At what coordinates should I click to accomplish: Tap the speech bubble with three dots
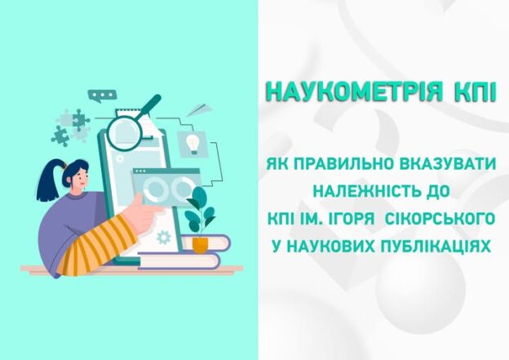coord(102,96)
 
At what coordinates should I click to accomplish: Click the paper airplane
coord(201,109)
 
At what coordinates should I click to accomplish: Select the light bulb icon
coord(193,144)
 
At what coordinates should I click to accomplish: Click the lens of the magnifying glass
coord(124,133)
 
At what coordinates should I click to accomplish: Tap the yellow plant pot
coord(201,245)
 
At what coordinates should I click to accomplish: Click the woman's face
coord(81,178)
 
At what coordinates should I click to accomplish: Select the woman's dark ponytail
coord(48,180)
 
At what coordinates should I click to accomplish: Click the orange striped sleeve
coord(96,244)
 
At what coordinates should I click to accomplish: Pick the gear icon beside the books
coord(164,238)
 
